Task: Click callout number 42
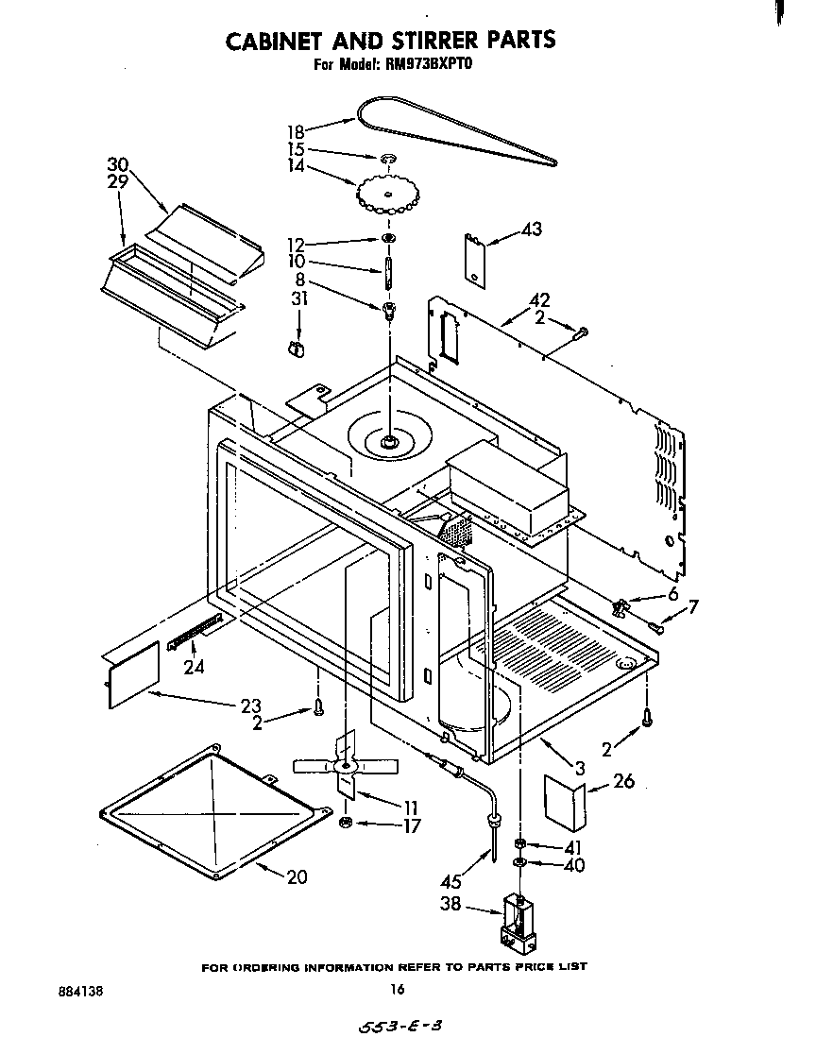[x=540, y=301]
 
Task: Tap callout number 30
[x=117, y=164]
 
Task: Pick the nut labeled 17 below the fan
[x=347, y=824]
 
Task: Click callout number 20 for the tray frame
[x=297, y=877]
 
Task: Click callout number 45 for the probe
[x=451, y=882]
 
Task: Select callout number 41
[x=573, y=847]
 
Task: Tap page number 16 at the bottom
[x=398, y=990]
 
